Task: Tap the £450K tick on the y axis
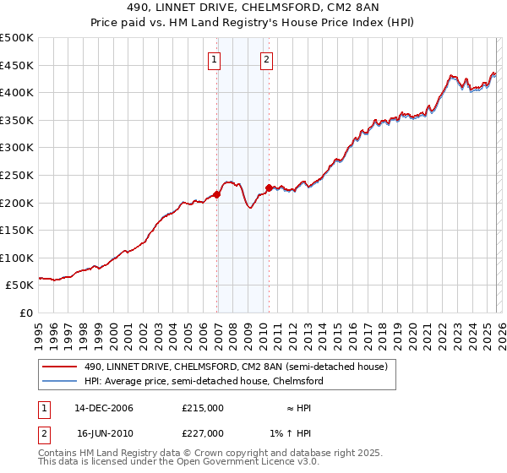17,65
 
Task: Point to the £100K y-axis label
17,258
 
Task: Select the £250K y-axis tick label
17,175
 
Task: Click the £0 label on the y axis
27,313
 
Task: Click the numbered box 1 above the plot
215,59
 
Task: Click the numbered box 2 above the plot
266,59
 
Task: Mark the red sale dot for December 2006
217,194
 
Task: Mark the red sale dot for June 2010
269,188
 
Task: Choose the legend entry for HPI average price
203,381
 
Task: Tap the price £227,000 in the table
203,432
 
